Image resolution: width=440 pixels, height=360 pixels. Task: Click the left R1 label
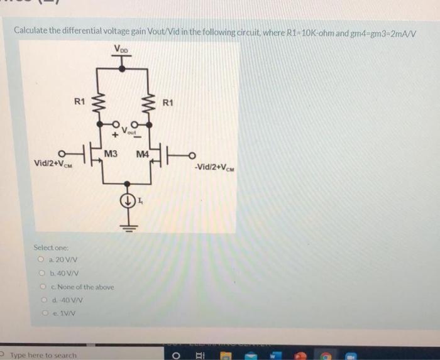[x=79, y=101]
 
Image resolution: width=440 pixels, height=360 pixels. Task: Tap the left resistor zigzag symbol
[x=96, y=103]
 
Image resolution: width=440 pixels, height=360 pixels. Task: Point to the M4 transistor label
[x=141, y=154]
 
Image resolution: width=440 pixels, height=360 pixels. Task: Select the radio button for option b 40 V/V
[x=41, y=273]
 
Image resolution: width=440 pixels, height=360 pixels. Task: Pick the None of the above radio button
[x=41, y=286]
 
